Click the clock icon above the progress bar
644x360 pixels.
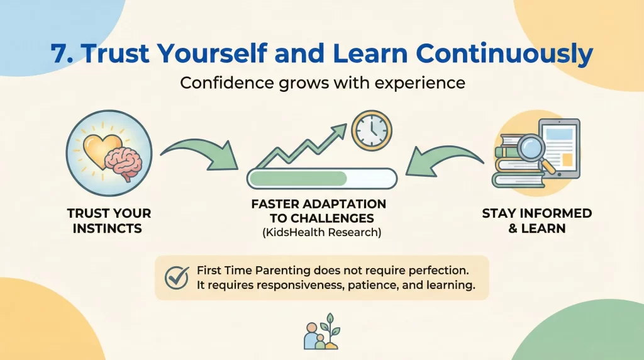pyautogui.click(x=370, y=131)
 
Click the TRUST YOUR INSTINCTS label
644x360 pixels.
pyautogui.click(x=109, y=220)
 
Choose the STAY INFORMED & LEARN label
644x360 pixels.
pyautogui.click(x=537, y=220)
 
